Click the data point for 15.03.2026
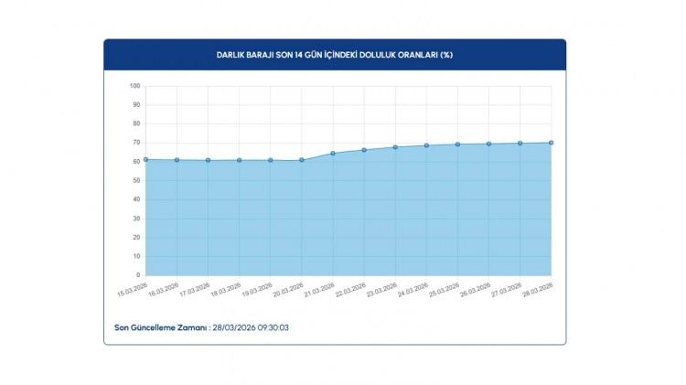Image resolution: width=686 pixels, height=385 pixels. [x=145, y=159]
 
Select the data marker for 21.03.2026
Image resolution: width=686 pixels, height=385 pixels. [x=333, y=153]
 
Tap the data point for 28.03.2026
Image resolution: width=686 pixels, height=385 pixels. [x=552, y=143]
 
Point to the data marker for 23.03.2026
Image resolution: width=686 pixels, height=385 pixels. [x=395, y=147]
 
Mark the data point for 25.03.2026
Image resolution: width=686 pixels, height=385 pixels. [x=457, y=144]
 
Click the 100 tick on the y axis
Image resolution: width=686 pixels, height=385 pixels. [x=134, y=86]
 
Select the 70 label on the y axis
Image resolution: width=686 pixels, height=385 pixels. [x=136, y=143]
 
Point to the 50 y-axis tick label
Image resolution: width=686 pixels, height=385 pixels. [x=136, y=180]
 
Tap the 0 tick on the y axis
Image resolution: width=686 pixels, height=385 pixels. [x=138, y=274]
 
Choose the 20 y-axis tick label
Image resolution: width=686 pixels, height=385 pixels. [x=136, y=237]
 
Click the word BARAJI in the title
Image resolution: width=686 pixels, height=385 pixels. [x=261, y=55]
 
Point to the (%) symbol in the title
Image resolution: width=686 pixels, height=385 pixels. [x=445, y=55]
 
